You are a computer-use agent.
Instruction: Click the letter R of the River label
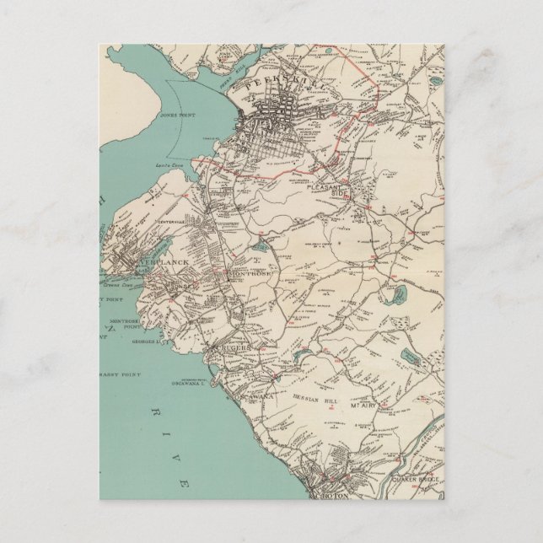pyautogui.click(x=154, y=411)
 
